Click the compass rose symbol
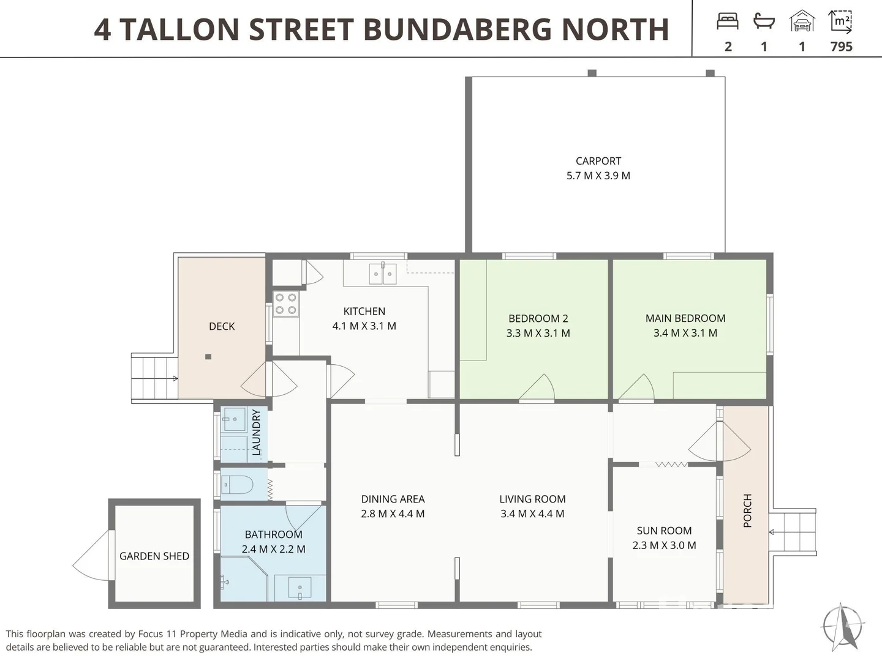pos(843,626)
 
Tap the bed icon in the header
pos(728,21)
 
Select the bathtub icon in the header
pos(764,21)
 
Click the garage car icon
pos(802,21)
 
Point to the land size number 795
pos(841,47)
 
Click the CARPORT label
pos(598,161)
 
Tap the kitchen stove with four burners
pos(285,304)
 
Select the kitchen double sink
pos(383,274)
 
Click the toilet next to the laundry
pos(237,485)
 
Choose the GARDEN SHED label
pos(154,556)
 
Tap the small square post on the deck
pos(208,357)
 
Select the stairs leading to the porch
pos(793,532)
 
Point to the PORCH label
pos(747,510)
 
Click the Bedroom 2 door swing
pos(538,388)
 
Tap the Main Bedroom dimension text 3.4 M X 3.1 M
pos(685,333)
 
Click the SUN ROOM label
pos(664,531)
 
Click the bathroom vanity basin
pos(300,588)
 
